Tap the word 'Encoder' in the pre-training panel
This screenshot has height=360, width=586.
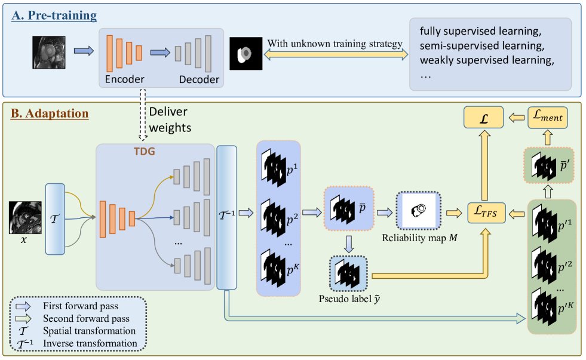[124, 79]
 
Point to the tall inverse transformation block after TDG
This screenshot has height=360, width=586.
[226, 219]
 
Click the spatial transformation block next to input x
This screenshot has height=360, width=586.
[54, 219]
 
